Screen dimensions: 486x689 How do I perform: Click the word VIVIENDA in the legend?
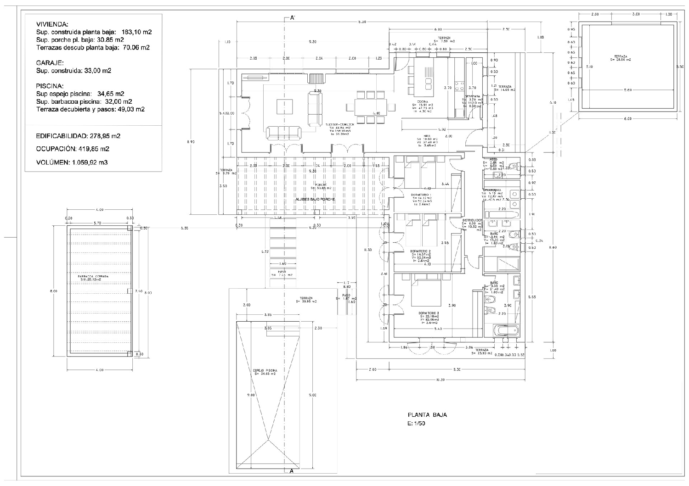52,24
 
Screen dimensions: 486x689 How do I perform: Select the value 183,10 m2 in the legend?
136,33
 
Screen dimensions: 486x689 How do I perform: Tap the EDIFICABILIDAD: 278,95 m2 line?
78,136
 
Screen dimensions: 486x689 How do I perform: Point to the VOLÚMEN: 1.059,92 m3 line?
72,162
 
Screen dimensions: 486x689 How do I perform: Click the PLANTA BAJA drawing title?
424,415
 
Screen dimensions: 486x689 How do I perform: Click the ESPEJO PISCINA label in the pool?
265,370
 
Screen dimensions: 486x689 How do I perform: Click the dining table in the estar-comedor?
370,107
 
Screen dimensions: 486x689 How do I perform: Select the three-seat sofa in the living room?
283,133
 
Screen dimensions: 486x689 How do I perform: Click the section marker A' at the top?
292,18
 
